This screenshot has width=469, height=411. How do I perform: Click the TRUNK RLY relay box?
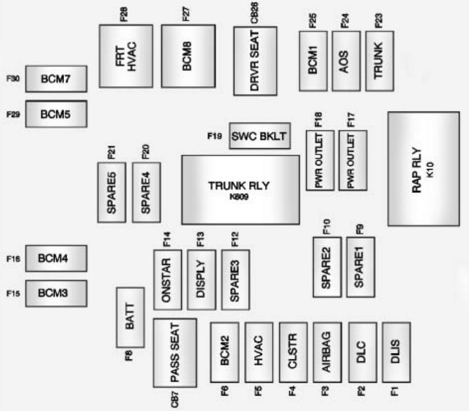pyautogui.click(x=240, y=190)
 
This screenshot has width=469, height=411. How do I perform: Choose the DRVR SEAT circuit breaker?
pyautogui.click(x=255, y=61)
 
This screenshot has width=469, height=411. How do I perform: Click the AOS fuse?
pyautogui.click(x=346, y=61)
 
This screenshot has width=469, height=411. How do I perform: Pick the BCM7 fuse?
pyautogui.click(x=56, y=79)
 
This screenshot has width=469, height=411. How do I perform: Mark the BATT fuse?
pyautogui.click(x=130, y=317)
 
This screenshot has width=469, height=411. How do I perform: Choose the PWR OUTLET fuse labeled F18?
pyautogui.click(x=320, y=159)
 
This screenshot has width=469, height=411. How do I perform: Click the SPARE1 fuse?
pyautogui.click(x=360, y=267)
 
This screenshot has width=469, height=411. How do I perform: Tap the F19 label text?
pyautogui.click(x=214, y=136)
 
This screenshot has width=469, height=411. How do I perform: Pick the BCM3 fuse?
pyautogui.click(x=56, y=293)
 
